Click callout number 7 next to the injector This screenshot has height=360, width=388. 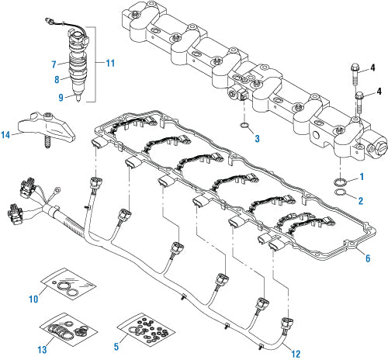point(54,62)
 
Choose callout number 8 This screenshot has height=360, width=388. point(54,78)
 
